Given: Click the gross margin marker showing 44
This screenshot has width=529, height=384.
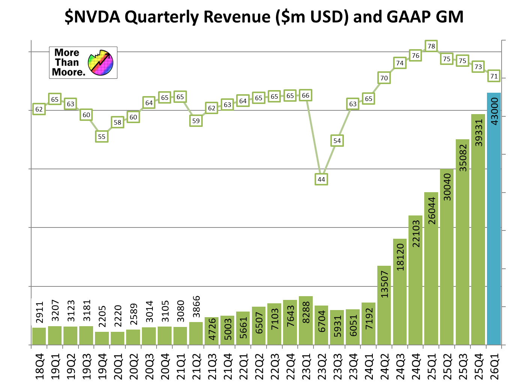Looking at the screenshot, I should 321,179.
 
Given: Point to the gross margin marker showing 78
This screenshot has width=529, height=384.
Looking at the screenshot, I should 431,46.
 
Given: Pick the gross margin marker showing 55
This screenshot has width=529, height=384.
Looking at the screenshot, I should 102,136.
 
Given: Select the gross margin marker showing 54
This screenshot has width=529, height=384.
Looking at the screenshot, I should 337,141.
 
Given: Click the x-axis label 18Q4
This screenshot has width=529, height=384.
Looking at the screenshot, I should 39,366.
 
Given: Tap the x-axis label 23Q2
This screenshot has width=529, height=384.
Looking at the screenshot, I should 321,366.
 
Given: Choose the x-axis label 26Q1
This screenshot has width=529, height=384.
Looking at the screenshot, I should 494,366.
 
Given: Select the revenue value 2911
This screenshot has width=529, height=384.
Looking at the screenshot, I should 39,312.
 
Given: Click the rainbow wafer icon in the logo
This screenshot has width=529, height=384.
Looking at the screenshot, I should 101,63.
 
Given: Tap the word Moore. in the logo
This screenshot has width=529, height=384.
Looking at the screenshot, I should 69,72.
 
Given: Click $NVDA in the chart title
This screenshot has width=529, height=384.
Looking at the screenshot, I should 93,17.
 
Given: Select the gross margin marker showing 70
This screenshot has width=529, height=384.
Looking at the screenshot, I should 384,78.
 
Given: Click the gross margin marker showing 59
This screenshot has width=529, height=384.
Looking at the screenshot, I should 196,121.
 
